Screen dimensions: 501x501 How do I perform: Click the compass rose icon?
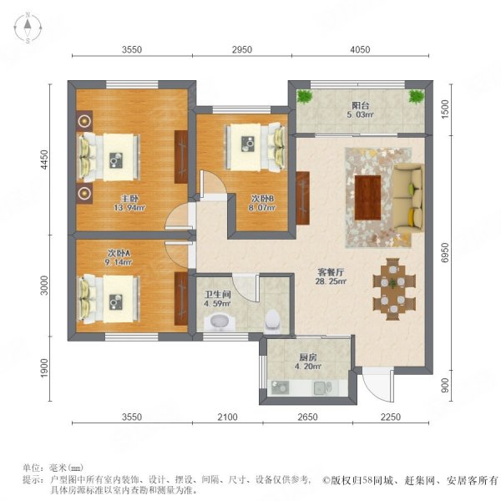pyautogui.click(x=28, y=28)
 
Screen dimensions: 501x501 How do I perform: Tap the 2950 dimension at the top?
pyautogui.click(x=242, y=50)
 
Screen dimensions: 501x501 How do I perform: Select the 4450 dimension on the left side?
pyautogui.click(x=44, y=159)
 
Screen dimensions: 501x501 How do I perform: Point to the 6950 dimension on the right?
pyautogui.click(x=444, y=253)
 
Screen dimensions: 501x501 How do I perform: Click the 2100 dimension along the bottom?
pyautogui.click(x=227, y=417)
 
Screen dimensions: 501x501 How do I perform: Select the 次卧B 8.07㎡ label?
pyautogui.click(x=262, y=203)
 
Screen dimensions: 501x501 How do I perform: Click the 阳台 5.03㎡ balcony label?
pyautogui.click(x=361, y=110)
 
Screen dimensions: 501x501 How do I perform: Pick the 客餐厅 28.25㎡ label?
pyautogui.click(x=331, y=276)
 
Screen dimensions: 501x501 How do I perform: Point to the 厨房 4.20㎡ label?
pyautogui.click(x=307, y=362)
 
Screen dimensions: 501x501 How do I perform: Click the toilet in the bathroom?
pyautogui.click(x=272, y=321)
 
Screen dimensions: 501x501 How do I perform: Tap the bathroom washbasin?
pyautogui.click(x=219, y=321)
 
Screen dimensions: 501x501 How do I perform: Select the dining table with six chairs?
pyautogui.click(x=394, y=289)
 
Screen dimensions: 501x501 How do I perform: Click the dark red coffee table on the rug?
pyautogui.click(x=367, y=198)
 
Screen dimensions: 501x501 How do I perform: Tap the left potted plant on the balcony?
pyautogui.click(x=305, y=96)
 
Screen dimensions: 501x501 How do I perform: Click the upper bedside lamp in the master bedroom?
pyautogui.click(x=84, y=121)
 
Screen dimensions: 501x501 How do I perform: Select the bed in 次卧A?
pyautogui.click(x=109, y=299)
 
